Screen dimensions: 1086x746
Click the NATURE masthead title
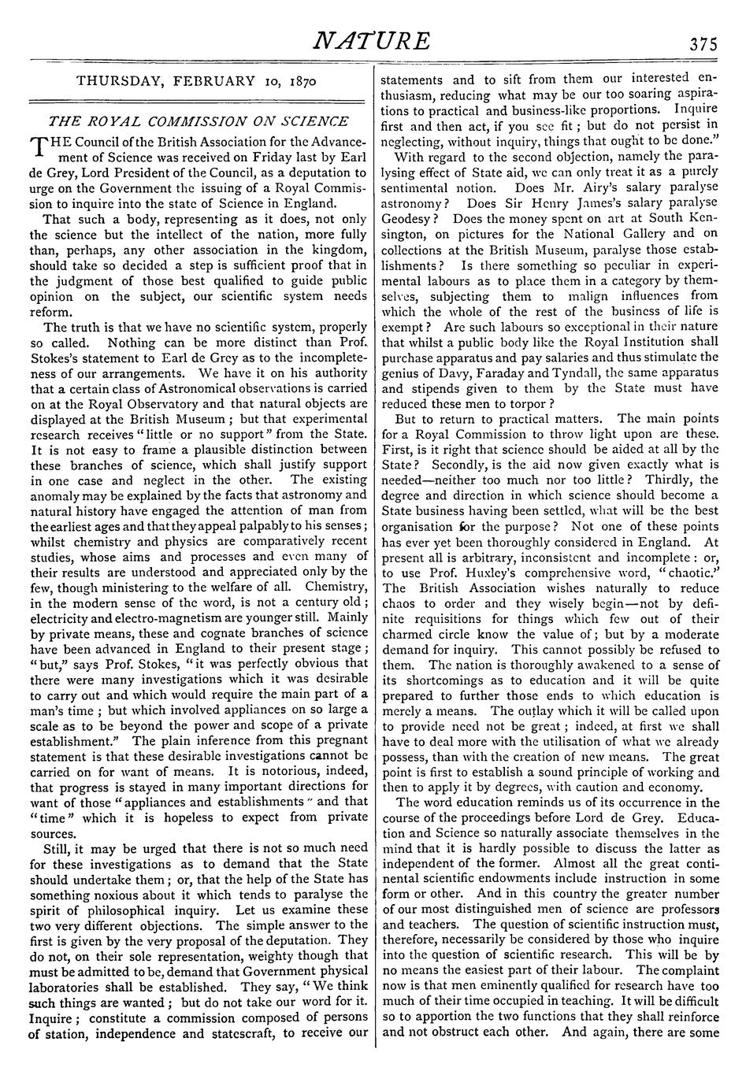(x=372, y=41)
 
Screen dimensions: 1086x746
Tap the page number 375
(x=701, y=44)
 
